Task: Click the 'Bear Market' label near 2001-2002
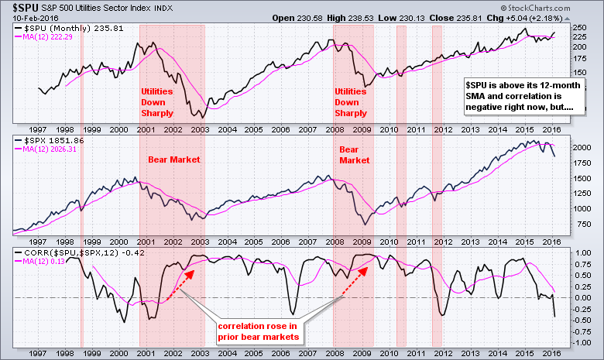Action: tap(174, 159)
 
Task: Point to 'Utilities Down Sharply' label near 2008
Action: tap(351, 102)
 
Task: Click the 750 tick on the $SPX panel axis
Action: tap(581, 225)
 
